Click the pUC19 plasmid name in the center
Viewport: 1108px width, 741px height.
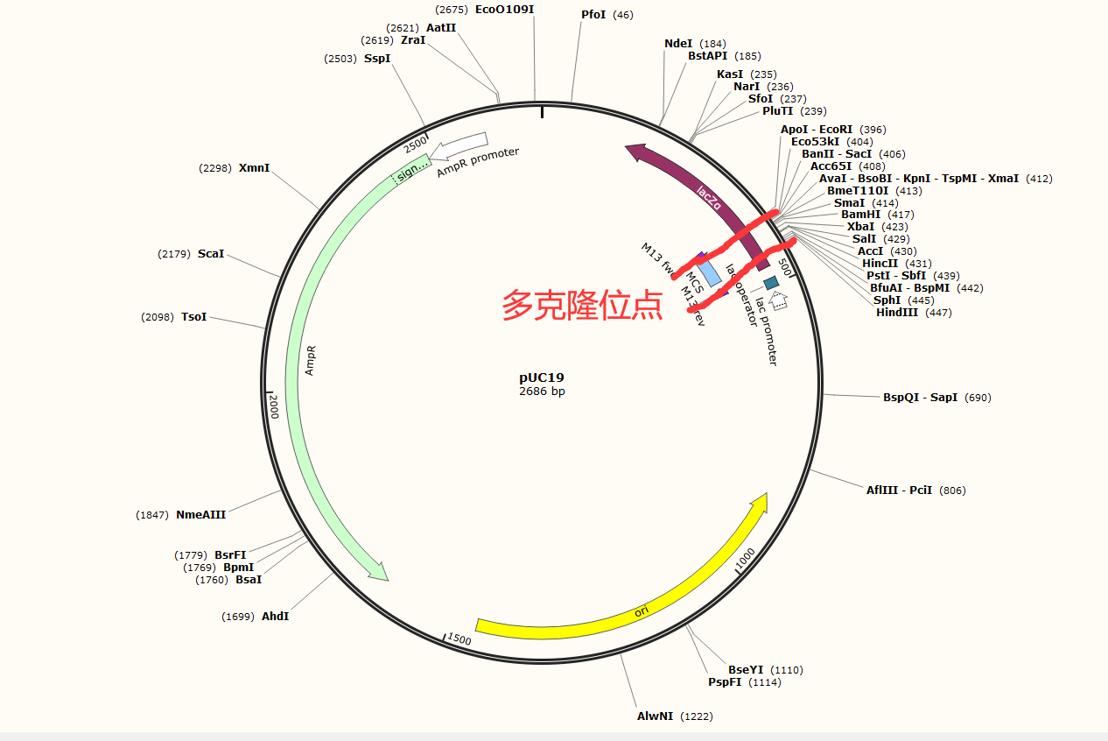coord(542,378)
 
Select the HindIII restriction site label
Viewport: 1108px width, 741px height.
coord(897,313)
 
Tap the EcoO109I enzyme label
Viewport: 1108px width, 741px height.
coord(504,10)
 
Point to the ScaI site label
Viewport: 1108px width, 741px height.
coord(211,254)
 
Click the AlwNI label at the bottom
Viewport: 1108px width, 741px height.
coord(655,716)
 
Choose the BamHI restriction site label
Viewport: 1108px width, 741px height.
coord(861,215)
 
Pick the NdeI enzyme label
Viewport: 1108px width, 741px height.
coord(678,44)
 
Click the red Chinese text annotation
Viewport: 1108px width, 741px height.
coord(582,306)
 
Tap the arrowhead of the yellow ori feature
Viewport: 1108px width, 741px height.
coord(760,503)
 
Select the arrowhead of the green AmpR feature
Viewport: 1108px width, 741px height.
coord(378,572)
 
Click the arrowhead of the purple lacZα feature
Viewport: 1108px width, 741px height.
coord(634,152)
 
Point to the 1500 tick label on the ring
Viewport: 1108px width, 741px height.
coord(459,639)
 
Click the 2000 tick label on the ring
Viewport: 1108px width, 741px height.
coord(273,406)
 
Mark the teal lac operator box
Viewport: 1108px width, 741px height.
coord(771,283)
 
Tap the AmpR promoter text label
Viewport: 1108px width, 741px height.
coord(478,163)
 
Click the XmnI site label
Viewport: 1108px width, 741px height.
coord(254,168)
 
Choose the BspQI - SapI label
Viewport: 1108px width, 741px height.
coord(920,398)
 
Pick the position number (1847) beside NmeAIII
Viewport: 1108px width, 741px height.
coord(152,515)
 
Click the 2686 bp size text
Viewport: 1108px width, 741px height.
coord(542,392)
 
